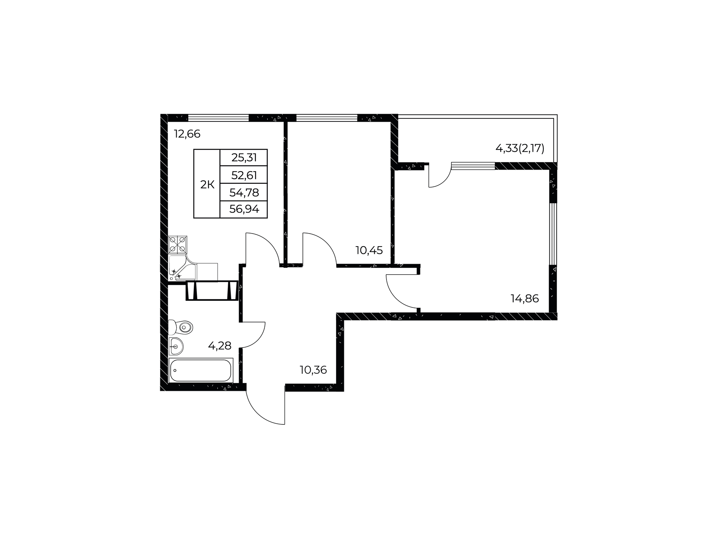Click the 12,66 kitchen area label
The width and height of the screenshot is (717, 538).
(x=187, y=134)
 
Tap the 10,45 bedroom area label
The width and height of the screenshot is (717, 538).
(x=369, y=250)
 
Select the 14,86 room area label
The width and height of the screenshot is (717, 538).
(x=525, y=299)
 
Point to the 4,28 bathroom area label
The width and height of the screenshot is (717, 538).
(x=220, y=346)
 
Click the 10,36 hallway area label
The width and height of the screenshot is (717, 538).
(x=313, y=370)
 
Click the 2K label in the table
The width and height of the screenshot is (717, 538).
(x=207, y=184)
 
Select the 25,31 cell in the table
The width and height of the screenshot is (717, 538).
(x=244, y=158)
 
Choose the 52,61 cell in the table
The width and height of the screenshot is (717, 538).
(x=244, y=175)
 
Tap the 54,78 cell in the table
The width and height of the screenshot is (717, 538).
(x=244, y=192)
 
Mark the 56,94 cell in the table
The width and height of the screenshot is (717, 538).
(x=244, y=209)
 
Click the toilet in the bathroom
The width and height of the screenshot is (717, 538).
(x=180, y=328)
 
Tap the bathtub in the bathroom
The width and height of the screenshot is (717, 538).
(x=201, y=370)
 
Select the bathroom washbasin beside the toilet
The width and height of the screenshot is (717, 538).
(x=176, y=346)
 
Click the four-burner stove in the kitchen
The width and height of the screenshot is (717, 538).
(x=177, y=244)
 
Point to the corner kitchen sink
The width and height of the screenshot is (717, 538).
(x=182, y=267)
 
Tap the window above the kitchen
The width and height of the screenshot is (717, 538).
(x=218, y=118)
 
